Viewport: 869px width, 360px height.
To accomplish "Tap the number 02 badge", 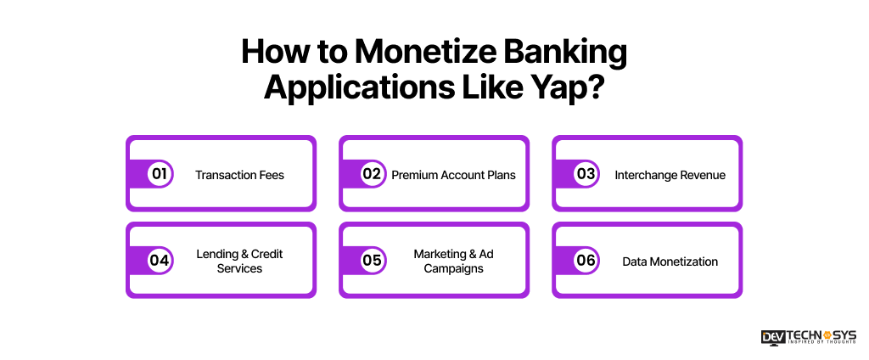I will tap(372, 174).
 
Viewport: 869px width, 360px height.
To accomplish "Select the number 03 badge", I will tap(586, 174).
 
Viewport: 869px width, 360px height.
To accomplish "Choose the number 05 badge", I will tap(372, 261).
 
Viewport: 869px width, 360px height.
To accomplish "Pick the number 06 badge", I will tap(586, 261).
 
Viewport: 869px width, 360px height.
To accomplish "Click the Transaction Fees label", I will tap(239, 175).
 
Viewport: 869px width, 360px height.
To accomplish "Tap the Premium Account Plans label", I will tap(453, 175).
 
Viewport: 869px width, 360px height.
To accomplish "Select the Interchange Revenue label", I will tap(670, 175).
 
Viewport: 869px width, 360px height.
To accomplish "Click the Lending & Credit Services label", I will tap(239, 262).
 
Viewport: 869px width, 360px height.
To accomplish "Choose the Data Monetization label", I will tap(670, 262).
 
